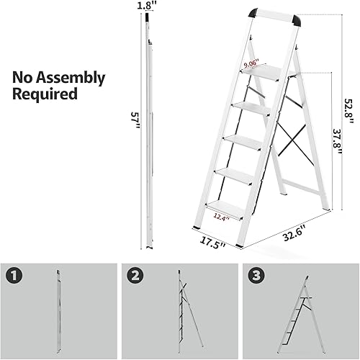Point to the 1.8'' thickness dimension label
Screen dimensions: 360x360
146,6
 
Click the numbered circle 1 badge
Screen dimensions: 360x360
14,275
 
